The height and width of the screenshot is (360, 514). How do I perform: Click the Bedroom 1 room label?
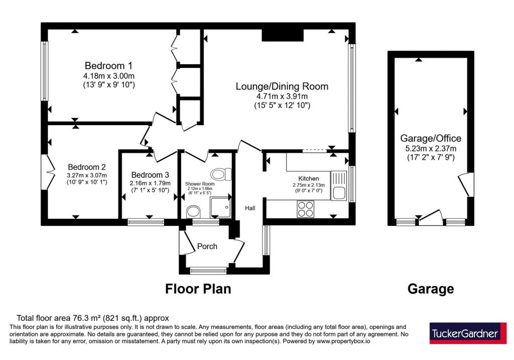108,66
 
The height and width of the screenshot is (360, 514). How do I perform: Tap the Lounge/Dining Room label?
282,86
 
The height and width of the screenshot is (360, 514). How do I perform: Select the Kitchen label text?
309,178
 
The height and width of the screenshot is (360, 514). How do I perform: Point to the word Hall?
250,208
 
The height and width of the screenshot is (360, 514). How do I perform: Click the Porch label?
207,246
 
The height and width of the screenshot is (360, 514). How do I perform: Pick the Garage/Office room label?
431,139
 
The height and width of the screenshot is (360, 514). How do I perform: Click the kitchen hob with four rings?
306,209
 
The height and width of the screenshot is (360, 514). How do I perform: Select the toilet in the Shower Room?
221,174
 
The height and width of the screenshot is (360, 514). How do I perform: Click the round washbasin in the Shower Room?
193,212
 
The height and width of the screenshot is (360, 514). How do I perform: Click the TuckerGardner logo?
468,333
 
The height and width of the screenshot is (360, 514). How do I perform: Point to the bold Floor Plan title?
198,289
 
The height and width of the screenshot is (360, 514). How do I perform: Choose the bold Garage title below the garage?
431,289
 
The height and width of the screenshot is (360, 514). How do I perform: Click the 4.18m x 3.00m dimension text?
109,76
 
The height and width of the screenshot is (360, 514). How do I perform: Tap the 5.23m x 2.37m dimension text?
431,149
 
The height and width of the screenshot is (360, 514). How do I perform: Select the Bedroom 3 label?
150,175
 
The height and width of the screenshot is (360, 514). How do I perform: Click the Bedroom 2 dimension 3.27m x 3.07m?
87,175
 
